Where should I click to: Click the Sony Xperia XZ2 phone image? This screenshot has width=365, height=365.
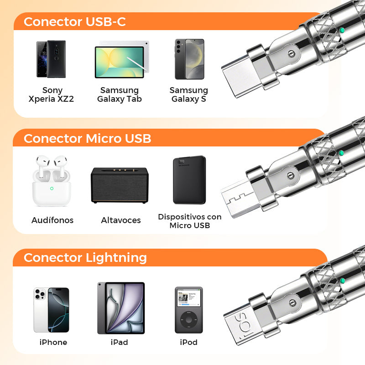tap(51, 59)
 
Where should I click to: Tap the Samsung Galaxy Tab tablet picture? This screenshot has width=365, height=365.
tap(122, 60)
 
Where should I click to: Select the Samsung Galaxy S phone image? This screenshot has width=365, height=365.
tap(189, 59)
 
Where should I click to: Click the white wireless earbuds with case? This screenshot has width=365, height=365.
tap(52, 181)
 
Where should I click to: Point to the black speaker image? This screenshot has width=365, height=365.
tap(120, 185)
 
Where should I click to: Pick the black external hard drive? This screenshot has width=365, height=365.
tap(189, 180)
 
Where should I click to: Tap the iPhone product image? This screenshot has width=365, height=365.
tap(51, 310)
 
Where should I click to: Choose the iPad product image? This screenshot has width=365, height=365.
tap(121, 308)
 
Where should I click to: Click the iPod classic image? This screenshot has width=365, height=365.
tap(189, 310)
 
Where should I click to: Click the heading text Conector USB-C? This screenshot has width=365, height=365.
tap(74, 21)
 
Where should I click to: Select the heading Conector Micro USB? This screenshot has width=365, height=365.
tap(87, 139)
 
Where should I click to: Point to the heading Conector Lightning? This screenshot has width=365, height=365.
tap(85, 258)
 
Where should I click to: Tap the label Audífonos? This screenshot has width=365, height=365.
tap(52, 220)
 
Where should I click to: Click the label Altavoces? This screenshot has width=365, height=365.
tap(121, 220)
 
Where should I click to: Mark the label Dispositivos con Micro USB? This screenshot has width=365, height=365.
tap(190, 221)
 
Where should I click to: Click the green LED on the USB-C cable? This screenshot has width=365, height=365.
tap(342, 30)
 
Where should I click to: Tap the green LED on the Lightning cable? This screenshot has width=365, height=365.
tap(342, 281)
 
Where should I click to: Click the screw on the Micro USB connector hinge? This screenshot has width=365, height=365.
tap(291, 176)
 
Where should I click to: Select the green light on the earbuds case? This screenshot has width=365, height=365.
tap(52, 188)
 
